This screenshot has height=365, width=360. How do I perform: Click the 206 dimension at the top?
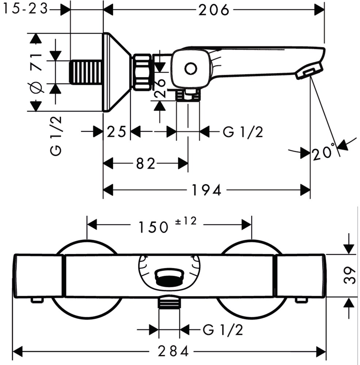[x=213, y=10]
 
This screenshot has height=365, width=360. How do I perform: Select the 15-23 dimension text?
[x=26, y=9]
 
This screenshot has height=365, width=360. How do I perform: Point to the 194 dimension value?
[x=206, y=190]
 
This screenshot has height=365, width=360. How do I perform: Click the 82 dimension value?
[x=145, y=164]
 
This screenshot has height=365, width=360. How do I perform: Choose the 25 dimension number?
[x=116, y=131]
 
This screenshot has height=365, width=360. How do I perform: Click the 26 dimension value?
[x=160, y=88]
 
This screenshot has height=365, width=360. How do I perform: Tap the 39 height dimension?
[x=350, y=275]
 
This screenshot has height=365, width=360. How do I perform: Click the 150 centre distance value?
[x=153, y=227]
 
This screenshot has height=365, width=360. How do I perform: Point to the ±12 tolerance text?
[x=186, y=221]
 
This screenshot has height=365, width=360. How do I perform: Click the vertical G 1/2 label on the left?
[x=56, y=136]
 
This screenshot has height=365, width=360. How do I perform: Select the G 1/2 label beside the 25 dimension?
[x=243, y=132]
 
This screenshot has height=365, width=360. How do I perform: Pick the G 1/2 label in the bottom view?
[x=223, y=330]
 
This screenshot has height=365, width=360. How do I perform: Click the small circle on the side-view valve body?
[x=191, y=69]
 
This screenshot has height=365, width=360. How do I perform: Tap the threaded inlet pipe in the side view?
[x=87, y=72]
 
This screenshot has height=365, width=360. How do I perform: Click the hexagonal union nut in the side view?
[x=142, y=72]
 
